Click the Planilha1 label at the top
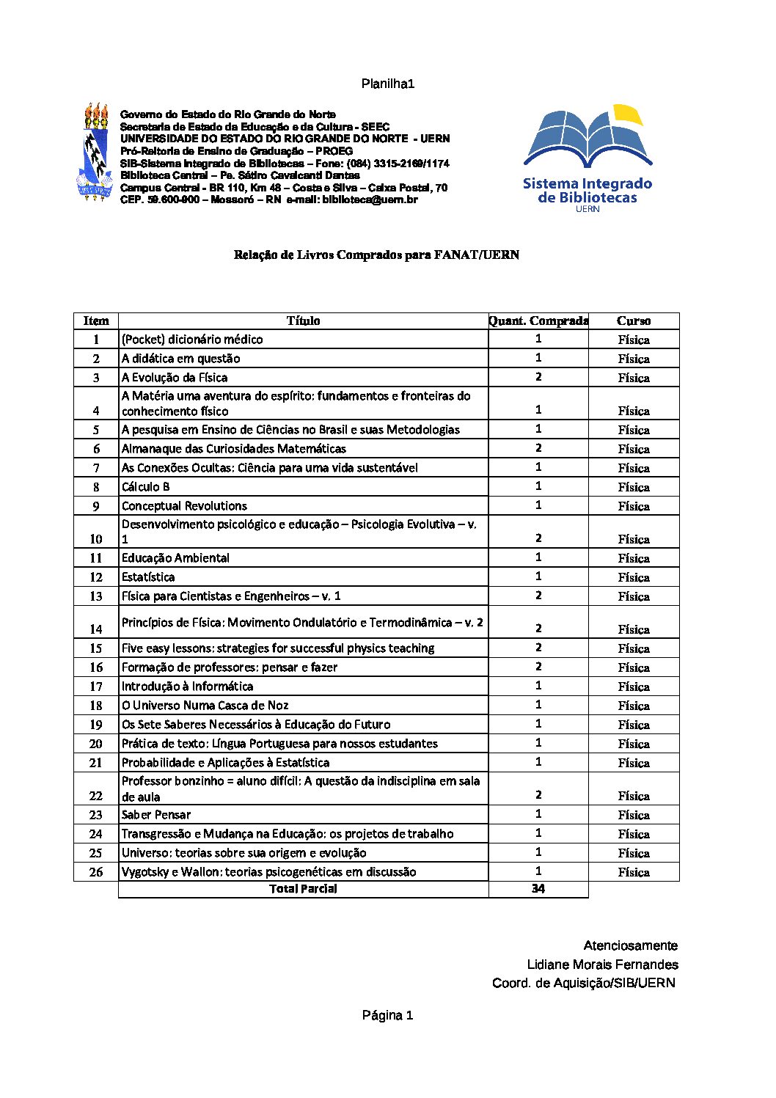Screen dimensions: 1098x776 pos(388,84)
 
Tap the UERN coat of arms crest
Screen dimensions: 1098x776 pos(95,153)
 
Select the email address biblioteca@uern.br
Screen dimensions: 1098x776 pos(370,200)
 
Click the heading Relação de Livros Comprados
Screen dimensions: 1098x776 pos(376,255)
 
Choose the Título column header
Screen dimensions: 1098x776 pos(303,321)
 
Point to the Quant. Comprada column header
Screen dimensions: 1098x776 pos(538,321)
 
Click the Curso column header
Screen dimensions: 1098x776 pos(634,321)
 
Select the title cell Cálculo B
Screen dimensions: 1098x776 pos(146,487)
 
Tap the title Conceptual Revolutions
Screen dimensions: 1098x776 pos(184,506)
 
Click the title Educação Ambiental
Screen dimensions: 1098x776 pos(175,558)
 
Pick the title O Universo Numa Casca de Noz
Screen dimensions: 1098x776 pos(205,706)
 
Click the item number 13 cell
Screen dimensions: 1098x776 pos(96,596)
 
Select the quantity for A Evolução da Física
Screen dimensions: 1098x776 pos(538,377)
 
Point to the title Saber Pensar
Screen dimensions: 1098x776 pos(156,815)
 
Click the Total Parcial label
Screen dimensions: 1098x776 pos(303,889)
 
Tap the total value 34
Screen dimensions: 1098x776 pos(538,889)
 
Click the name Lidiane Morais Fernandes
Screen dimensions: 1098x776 pos(602,965)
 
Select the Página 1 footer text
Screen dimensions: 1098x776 pos(387,1016)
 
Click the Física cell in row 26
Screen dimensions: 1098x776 pos(634,872)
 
